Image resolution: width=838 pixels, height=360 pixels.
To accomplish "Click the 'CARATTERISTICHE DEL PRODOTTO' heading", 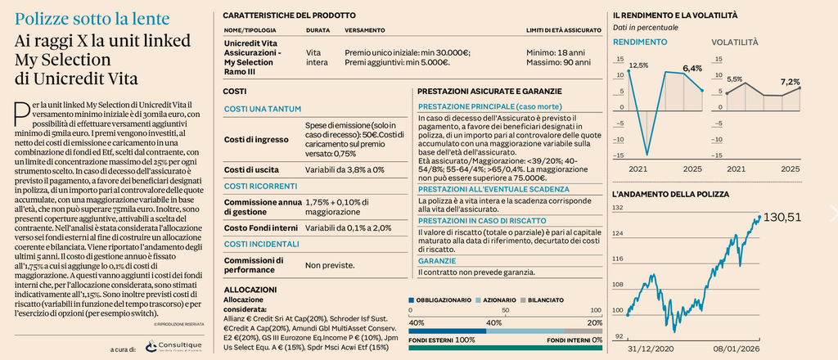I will [x=289, y=15].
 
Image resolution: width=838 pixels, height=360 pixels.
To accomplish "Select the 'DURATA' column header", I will [x=318, y=30].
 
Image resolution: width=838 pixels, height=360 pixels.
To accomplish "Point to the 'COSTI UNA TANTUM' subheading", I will [x=262, y=109].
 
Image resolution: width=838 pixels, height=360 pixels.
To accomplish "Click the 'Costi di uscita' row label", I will [x=252, y=169].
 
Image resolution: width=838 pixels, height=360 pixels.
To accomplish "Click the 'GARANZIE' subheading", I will [x=437, y=260].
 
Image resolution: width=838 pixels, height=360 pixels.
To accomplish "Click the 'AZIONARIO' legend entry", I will [x=493, y=299].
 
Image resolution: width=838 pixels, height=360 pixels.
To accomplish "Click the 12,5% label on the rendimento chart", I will [x=638, y=65].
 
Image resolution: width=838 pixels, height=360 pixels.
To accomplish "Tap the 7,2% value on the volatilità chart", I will [x=790, y=81].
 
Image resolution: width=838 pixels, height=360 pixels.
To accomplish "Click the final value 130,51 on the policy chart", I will [x=782, y=216].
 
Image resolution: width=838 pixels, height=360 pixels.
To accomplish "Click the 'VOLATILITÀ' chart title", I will [x=734, y=42].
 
